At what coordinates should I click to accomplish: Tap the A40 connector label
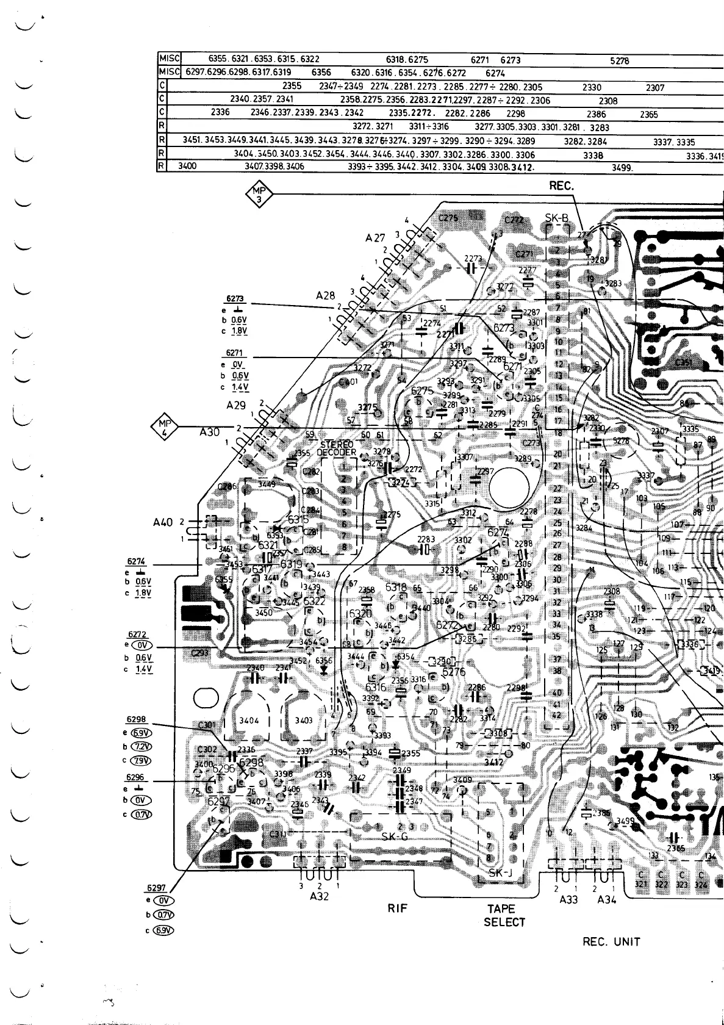click(x=165, y=522)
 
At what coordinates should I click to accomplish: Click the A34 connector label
click(x=608, y=900)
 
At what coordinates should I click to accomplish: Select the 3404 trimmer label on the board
click(x=249, y=720)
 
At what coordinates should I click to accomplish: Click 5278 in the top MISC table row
click(x=620, y=61)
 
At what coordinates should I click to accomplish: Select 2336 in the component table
click(x=220, y=113)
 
